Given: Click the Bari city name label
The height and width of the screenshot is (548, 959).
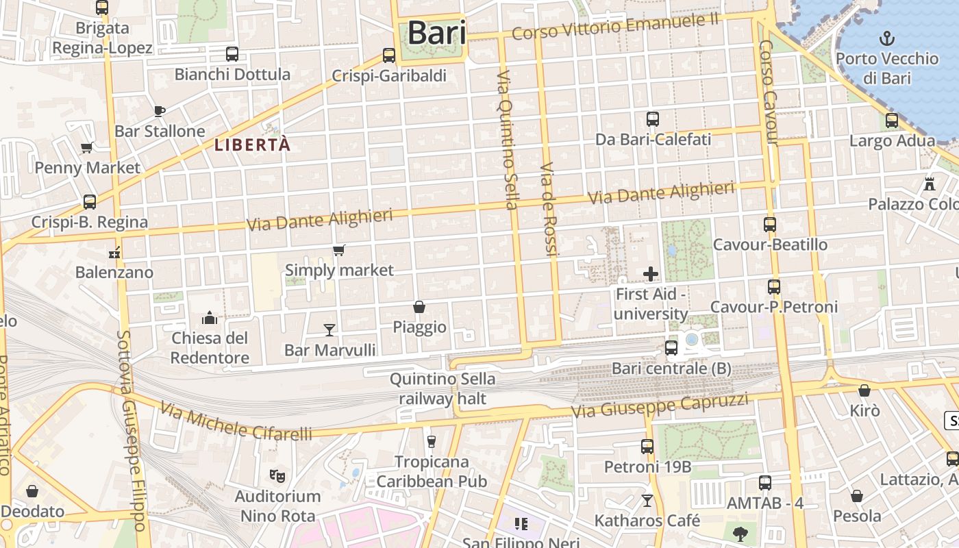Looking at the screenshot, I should [436, 32].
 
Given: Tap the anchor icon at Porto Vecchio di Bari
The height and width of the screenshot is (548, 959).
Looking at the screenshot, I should [887, 38].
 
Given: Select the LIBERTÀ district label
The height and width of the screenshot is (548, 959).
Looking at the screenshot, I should [253, 145].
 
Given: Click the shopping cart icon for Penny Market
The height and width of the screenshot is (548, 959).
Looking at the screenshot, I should [87, 147].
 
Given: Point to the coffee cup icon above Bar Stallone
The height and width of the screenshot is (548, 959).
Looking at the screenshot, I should [160, 111].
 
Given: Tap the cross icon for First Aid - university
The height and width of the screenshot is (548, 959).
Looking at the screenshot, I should [651, 275].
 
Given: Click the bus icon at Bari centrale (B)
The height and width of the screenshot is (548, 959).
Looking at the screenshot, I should [671, 348].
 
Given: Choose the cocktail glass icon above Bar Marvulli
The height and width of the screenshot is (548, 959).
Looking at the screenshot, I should [329, 330].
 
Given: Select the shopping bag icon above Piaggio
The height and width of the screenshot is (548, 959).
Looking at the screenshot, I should [419, 307].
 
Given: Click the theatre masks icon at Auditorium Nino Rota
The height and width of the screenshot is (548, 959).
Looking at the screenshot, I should [277, 475].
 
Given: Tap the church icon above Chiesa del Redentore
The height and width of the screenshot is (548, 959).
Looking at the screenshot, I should [210, 318].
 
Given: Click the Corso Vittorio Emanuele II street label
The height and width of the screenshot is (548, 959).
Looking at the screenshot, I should [615, 26].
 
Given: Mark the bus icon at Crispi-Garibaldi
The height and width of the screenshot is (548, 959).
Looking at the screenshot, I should [389, 55].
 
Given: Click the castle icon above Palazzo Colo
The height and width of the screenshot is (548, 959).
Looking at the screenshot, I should [930, 184].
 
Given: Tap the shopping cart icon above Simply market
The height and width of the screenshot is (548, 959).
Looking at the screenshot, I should [339, 250].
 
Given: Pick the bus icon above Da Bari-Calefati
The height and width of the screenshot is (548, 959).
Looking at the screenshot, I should [653, 119].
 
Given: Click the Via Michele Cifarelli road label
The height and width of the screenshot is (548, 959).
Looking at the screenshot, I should [236, 421].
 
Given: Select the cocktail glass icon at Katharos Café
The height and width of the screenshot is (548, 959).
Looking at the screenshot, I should [647, 501].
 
